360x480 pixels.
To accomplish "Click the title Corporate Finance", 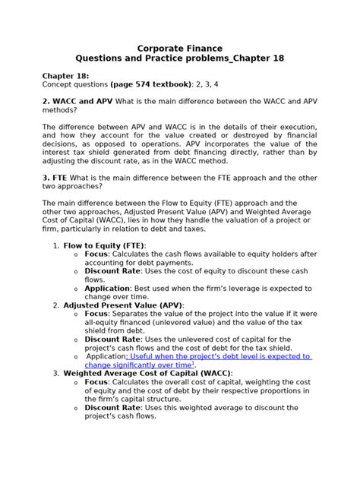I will [x=180, y=48].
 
